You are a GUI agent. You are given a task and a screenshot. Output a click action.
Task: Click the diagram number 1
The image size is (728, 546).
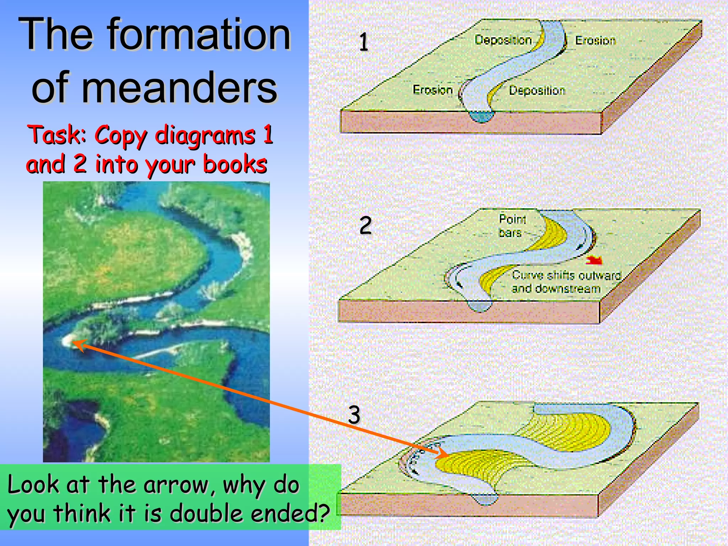363,42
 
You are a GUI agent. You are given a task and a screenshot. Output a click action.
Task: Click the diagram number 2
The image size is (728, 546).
365,225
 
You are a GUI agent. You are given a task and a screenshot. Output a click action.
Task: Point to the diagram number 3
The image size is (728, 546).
354,414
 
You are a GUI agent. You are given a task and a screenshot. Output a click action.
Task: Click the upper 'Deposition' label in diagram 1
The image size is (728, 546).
503,40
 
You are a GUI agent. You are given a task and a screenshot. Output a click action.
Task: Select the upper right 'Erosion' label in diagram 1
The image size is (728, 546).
595,41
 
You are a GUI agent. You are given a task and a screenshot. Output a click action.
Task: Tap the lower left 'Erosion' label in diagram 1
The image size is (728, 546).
433,90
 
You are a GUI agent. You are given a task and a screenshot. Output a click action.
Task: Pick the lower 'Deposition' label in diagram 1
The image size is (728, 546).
537,91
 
